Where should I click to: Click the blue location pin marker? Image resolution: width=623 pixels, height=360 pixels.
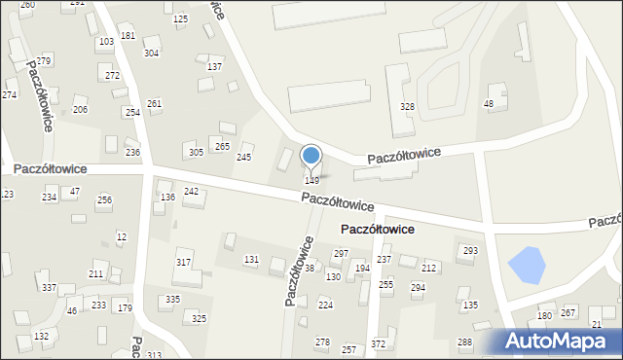(x=311, y=156)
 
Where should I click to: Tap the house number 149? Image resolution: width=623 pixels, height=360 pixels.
(x=311, y=181)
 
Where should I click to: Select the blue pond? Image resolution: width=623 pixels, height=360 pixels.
(x=527, y=265)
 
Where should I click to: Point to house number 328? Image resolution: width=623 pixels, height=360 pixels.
(x=408, y=106)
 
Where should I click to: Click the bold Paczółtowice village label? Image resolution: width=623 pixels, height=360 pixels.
(x=377, y=230)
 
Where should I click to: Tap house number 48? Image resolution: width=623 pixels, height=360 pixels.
(x=489, y=104)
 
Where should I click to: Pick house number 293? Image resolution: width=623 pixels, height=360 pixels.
(x=470, y=251)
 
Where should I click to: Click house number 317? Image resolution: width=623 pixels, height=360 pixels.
(x=183, y=264)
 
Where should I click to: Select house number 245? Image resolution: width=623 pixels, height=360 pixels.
(x=244, y=158)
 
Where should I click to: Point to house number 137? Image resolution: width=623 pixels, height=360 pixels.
(x=214, y=67)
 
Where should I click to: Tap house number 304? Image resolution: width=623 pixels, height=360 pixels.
(x=151, y=53)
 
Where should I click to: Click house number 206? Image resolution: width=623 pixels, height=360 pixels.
(x=80, y=110)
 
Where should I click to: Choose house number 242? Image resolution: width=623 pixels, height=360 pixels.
(x=191, y=192)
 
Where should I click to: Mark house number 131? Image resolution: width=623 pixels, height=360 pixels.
(x=251, y=259)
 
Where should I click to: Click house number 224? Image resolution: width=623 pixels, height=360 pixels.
(x=325, y=305)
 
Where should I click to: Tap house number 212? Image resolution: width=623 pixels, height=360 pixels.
(x=428, y=268)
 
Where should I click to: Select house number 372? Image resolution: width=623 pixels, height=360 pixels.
(x=378, y=344)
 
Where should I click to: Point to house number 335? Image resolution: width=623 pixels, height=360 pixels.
(x=172, y=299)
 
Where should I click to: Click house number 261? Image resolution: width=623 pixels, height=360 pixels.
(x=154, y=103)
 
